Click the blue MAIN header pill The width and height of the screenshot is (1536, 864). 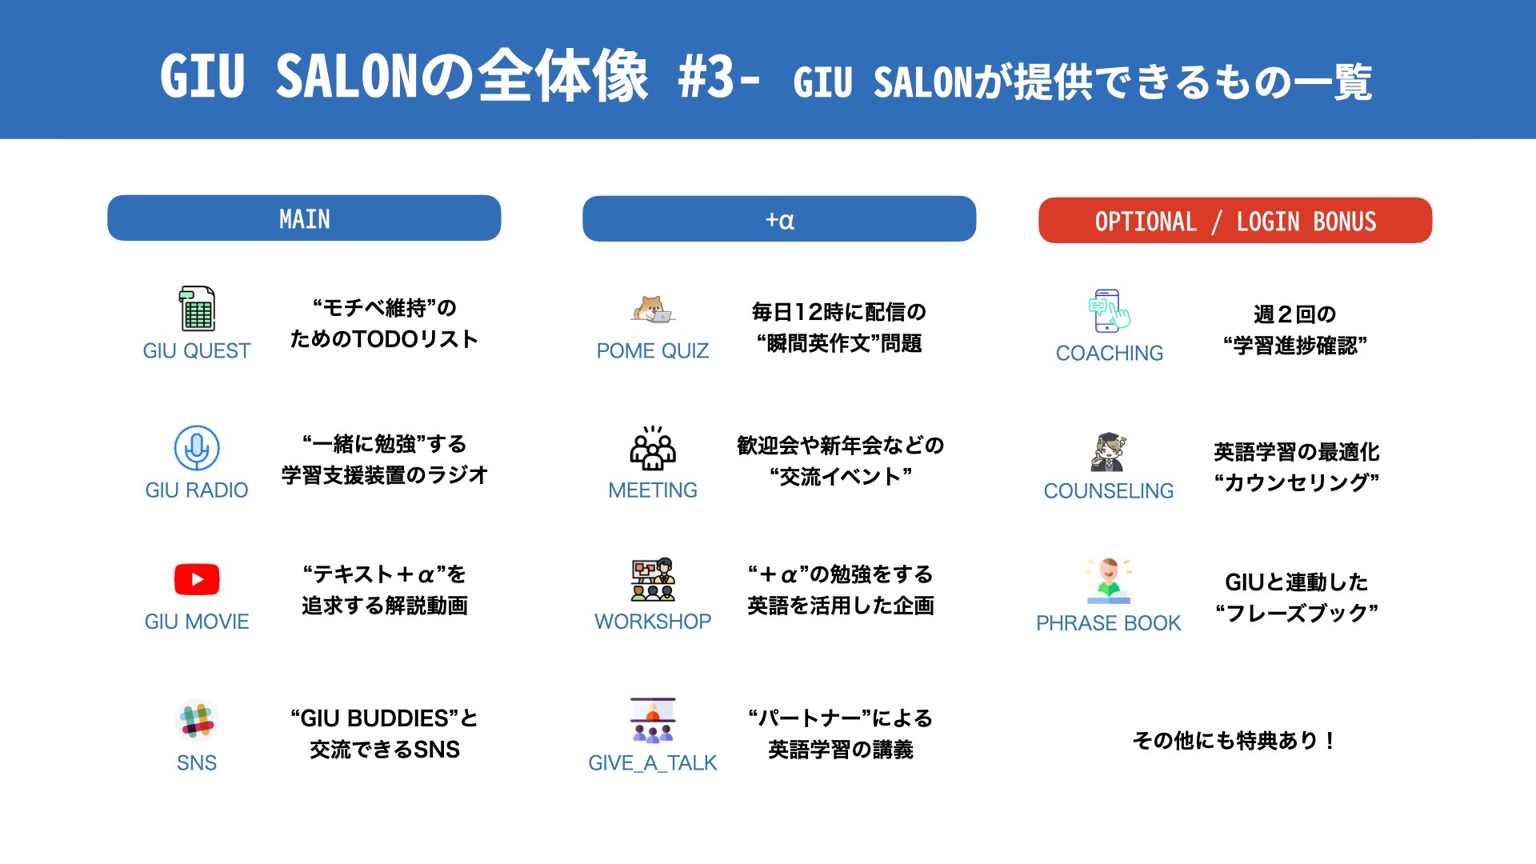pyautogui.click(x=304, y=218)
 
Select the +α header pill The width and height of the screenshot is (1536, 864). pyautogui.click(x=779, y=218)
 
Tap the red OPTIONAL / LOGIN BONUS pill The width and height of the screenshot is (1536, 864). pyautogui.click(x=1235, y=220)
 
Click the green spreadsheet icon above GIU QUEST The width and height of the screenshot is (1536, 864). pyautogui.click(x=197, y=308)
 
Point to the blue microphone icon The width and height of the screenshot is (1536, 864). pyautogui.click(x=197, y=448)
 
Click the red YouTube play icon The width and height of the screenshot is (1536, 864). pyautogui.click(x=197, y=579)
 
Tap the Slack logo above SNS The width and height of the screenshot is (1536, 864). pyautogui.click(x=197, y=720)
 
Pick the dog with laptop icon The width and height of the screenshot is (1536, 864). pyautogui.click(x=653, y=309)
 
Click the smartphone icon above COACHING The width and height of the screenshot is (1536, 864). pyautogui.click(x=1109, y=310)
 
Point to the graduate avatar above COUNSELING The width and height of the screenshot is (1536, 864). pyautogui.click(x=1109, y=452)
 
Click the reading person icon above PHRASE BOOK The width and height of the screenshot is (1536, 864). pyautogui.click(x=1109, y=580)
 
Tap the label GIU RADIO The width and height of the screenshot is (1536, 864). pyautogui.click(x=197, y=490)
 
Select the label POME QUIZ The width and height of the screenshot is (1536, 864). pyautogui.click(x=653, y=350)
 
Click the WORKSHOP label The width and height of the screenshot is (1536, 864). pyautogui.click(x=653, y=621)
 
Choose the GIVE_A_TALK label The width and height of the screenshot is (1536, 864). pyautogui.click(x=653, y=762)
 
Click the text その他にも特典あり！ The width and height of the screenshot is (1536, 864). pyautogui.click(x=1234, y=740)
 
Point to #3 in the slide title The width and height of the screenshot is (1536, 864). pyautogui.click(x=706, y=78)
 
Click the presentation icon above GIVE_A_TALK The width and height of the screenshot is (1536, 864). pyautogui.click(x=653, y=720)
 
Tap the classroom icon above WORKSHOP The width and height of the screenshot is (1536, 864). pyautogui.click(x=653, y=579)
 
